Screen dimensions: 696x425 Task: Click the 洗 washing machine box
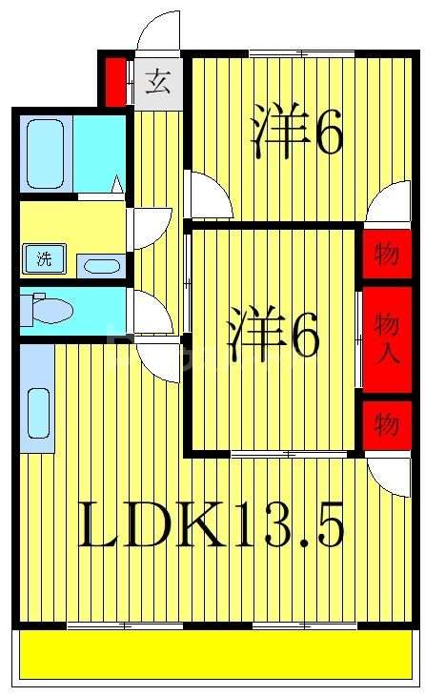point(44,257)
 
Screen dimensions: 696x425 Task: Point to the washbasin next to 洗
point(100,265)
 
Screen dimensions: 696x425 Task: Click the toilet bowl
point(53,311)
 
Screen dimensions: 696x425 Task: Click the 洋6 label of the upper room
point(296,133)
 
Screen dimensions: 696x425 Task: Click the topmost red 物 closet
point(386,255)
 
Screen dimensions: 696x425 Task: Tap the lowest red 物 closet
point(386,423)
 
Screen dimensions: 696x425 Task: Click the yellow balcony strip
point(217,656)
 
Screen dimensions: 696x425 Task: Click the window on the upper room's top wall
point(301,51)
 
